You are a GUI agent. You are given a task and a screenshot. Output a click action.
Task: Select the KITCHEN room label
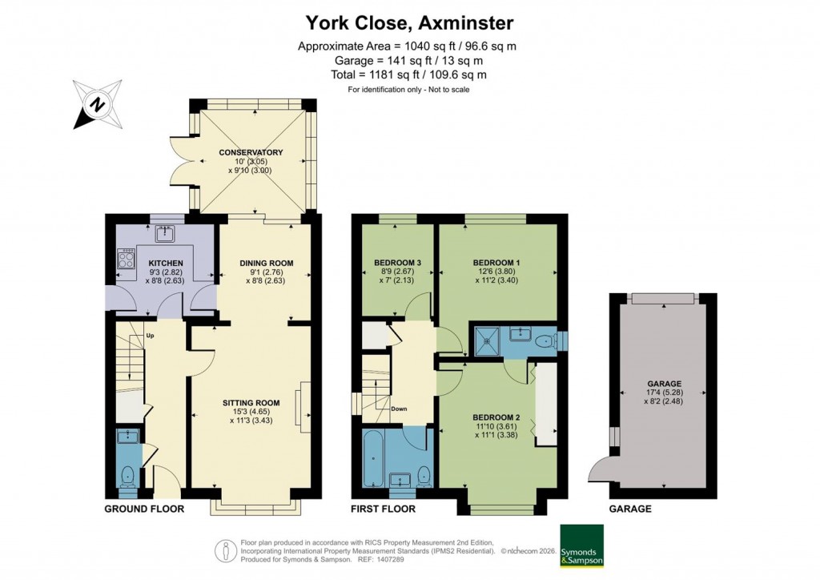(x=166, y=263)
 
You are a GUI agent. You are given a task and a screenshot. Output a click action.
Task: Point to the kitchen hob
(x=127, y=258)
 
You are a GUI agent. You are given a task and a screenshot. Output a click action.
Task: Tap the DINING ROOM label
(x=267, y=263)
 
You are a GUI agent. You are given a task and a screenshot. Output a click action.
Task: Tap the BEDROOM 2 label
(x=496, y=417)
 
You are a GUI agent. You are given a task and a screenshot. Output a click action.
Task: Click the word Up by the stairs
(x=149, y=335)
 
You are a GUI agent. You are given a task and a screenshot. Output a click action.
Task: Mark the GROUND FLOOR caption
(x=144, y=509)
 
